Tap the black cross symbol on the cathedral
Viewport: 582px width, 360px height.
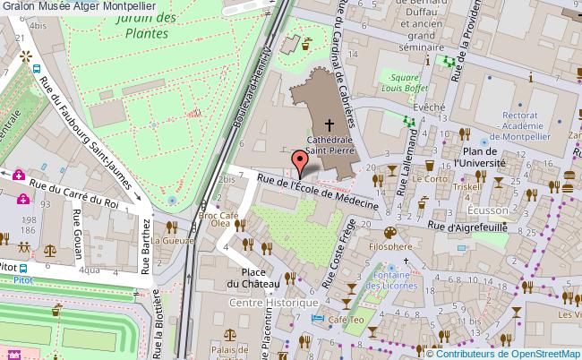pos(330,126)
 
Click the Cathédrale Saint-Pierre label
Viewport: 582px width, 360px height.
pos(331,146)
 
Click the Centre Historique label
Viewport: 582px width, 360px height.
pos(274,304)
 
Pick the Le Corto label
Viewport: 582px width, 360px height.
pos(430,178)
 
